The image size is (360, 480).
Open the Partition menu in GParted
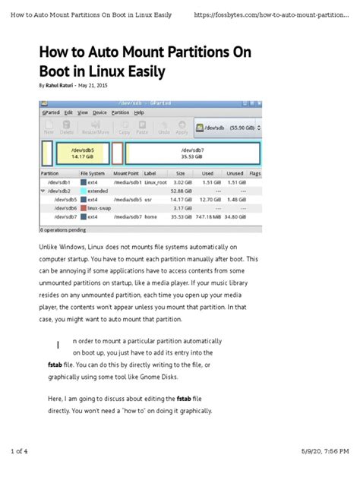(x=121, y=112)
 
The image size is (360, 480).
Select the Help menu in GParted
(x=140, y=112)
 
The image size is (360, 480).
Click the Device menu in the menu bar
(x=100, y=112)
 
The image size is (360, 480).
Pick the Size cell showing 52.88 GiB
(x=182, y=191)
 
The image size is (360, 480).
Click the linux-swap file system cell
(x=99, y=207)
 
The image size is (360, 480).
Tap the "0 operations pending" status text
(x=63, y=229)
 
